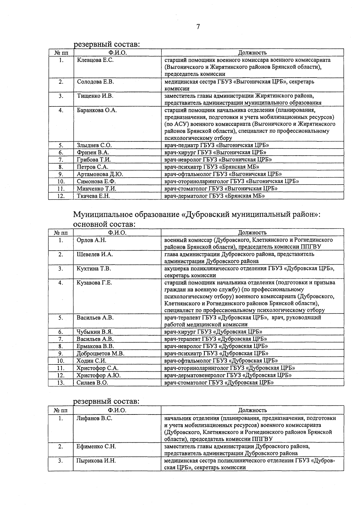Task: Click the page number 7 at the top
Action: [198, 27]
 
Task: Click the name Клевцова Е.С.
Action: [95, 60]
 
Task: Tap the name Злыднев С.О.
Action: [94, 145]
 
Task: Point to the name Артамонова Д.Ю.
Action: [100, 174]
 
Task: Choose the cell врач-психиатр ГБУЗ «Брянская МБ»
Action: [211, 167]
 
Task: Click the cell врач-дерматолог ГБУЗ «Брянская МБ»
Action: [214, 196]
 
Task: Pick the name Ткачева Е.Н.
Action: [93, 196]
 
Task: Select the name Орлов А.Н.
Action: [91, 240]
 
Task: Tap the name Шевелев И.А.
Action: [95, 255]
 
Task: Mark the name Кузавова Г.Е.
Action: [94, 283]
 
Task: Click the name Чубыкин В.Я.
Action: [94, 332]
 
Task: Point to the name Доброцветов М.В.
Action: [100, 353]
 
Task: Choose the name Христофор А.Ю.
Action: [98, 375]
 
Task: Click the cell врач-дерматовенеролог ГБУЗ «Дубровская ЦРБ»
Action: [228, 375]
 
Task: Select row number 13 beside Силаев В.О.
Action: [61, 383]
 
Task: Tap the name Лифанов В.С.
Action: [94, 418]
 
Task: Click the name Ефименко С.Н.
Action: [96, 447]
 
